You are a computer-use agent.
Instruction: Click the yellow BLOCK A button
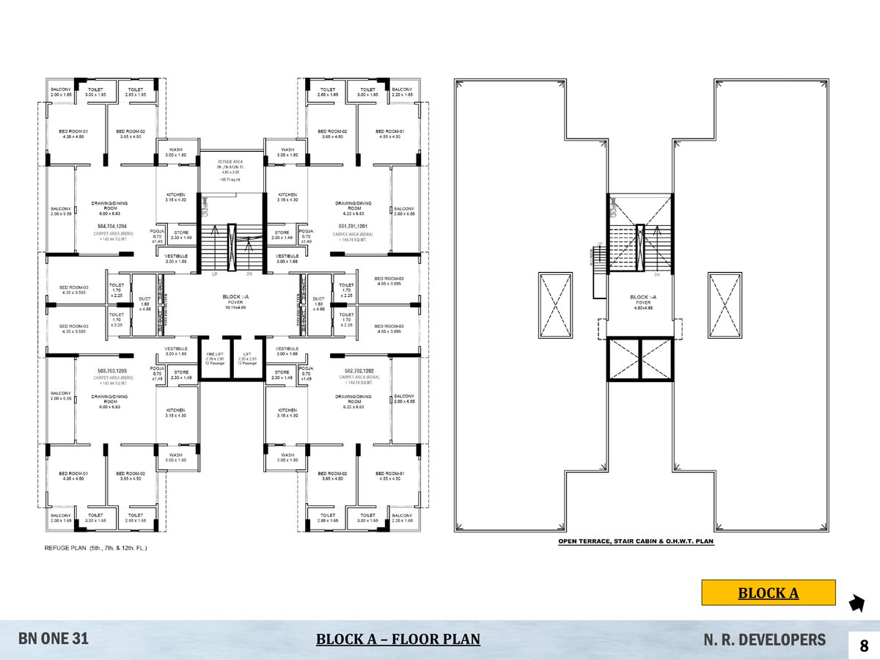768,593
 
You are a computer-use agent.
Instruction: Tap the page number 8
863,646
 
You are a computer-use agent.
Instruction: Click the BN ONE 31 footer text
54,639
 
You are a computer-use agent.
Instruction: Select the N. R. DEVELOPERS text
763,639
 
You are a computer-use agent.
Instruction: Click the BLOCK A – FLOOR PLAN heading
397,639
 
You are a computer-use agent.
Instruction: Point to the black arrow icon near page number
855,604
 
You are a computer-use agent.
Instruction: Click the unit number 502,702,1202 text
353,372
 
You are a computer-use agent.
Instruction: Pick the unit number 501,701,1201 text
353,227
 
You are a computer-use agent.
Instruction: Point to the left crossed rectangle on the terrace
555,305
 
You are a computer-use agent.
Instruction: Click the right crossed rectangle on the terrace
725,305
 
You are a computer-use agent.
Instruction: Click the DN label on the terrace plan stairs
657,275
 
